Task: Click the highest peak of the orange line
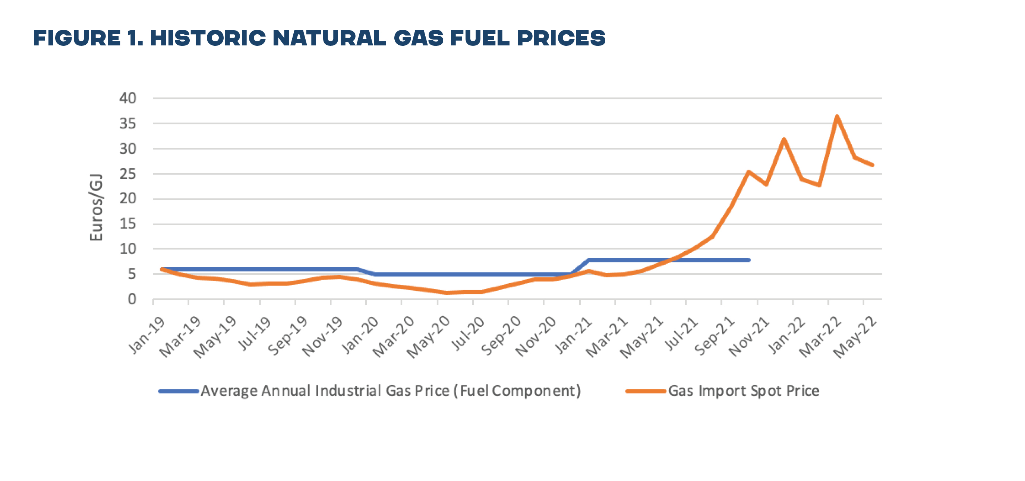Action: pyautogui.click(x=837, y=117)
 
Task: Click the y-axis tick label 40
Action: pyautogui.click(x=128, y=98)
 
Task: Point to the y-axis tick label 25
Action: pyautogui.click(x=128, y=174)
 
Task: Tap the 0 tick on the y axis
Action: pyautogui.click(x=132, y=299)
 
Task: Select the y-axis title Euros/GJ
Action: pyautogui.click(x=96, y=207)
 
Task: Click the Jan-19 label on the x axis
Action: pyautogui.click(x=147, y=335)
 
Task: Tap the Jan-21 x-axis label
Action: pyautogui.click(x=573, y=335)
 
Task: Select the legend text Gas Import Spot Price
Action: pyautogui.click(x=744, y=391)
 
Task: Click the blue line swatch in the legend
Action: pyautogui.click(x=179, y=391)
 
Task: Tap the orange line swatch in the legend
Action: pyautogui.click(x=646, y=391)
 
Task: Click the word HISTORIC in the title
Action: pyautogui.click(x=208, y=38)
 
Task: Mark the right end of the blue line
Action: pyautogui.click(x=749, y=260)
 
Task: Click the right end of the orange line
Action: pyautogui.click(x=872, y=165)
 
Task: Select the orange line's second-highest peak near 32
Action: pyautogui.click(x=784, y=139)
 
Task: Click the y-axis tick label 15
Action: pyautogui.click(x=128, y=224)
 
